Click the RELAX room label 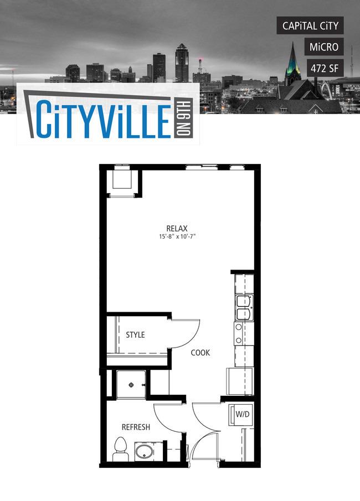pyautogui.click(x=177, y=229)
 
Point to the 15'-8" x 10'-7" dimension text pyautogui.click(x=177, y=237)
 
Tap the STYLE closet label pyautogui.click(x=135, y=335)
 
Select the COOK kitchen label pyautogui.click(x=200, y=353)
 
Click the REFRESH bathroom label pyautogui.click(x=136, y=427)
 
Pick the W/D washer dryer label pyautogui.click(x=243, y=415)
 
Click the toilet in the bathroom pyautogui.click(x=120, y=449)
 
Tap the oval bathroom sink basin pyautogui.click(x=144, y=452)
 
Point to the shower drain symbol pyautogui.click(x=131, y=385)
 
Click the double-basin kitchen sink pyautogui.click(x=244, y=308)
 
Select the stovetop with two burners pyautogui.click(x=239, y=334)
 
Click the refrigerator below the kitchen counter pyautogui.click(x=240, y=381)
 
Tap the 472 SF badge pyautogui.click(x=325, y=68)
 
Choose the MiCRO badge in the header pyautogui.click(x=324, y=47)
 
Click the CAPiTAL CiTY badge pyautogui.click(x=310, y=25)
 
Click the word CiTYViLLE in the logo pyautogui.click(x=103, y=120)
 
